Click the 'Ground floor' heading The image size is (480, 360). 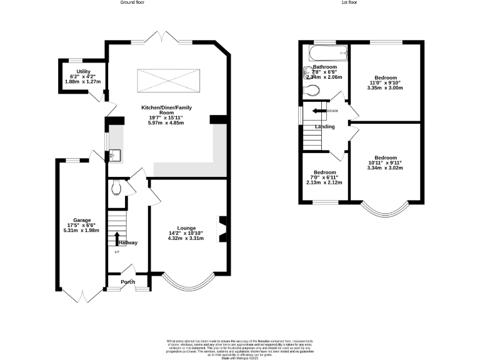click(x=132, y=3)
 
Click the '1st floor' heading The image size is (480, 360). click(x=349, y=3)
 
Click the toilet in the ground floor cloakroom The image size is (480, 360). click(x=115, y=187)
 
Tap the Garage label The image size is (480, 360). click(x=82, y=220)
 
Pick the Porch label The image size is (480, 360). click(x=127, y=281)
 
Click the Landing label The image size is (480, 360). click(x=324, y=127)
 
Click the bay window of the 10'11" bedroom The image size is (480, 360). click(x=385, y=211)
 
